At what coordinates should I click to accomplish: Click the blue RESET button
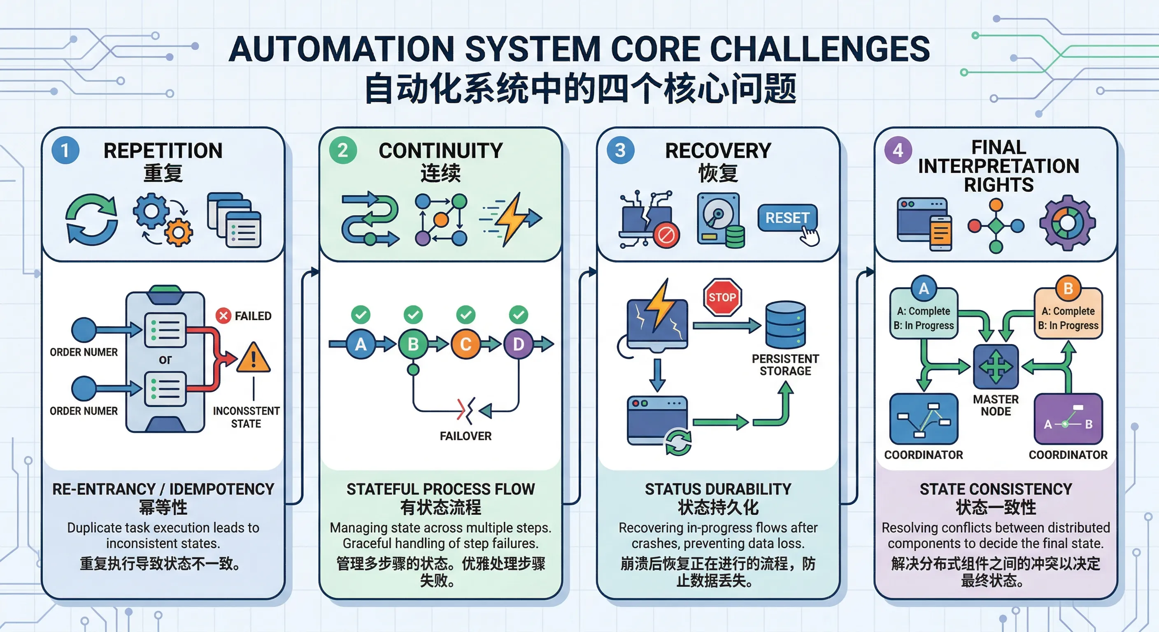(x=787, y=218)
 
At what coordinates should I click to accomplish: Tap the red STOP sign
(x=722, y=297)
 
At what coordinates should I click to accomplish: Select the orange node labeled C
(x=465, y=344)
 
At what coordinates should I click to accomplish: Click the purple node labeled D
(x=518, y=344)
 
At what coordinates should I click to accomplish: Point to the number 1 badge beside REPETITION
(x=65, y=150)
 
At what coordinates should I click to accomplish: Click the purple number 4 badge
(x=898, y=150)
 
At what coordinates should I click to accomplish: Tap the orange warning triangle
(x=253, y=358)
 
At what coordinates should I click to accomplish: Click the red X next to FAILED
(x=223, y=316)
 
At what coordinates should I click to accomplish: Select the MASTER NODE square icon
(x=996, y=367)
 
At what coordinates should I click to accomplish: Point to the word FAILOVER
(x=465, y=436)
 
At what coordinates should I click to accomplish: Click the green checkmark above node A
(x=361, y=314)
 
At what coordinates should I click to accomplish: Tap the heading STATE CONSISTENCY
(x=996, y=489)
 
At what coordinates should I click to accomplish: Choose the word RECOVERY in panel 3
(x=718, y=151)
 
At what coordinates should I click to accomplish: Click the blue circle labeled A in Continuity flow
(x=361, y=344)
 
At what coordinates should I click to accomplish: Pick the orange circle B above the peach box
(x=1068, y=288)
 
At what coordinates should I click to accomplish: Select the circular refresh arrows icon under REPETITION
(x=92, y=220)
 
